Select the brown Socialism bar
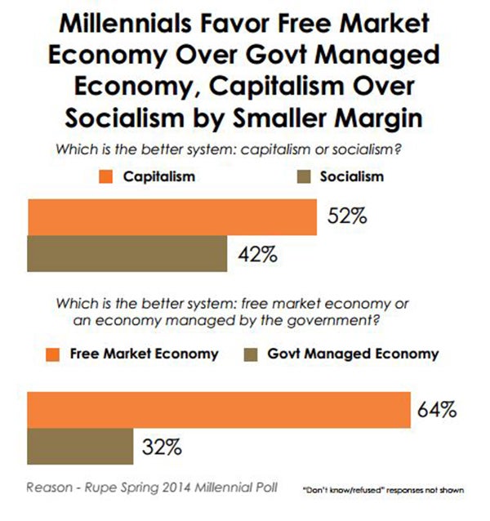click(127, 253)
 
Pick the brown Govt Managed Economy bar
click(81, 447)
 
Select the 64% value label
click(436, 409)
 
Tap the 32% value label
click(163, 447)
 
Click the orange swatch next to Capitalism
click(104, 176)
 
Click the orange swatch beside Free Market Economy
click(53, 354)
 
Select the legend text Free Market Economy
click(144, 354)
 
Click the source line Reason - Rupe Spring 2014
click(152, 488)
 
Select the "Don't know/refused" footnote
click(383, 491)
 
